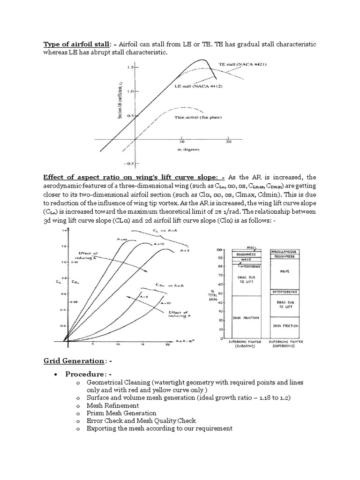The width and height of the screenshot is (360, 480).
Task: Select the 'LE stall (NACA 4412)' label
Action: [x=198, y=87]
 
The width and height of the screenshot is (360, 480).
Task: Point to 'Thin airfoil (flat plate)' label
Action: [x=198, y=117]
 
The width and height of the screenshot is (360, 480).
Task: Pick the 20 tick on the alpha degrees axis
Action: [x=229, y=142]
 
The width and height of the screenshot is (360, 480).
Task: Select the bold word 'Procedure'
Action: [x=85, y=375]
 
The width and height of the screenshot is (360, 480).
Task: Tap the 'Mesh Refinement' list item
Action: [x=112, y=405]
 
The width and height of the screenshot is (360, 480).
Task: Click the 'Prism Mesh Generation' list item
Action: [x=121, y=413]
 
